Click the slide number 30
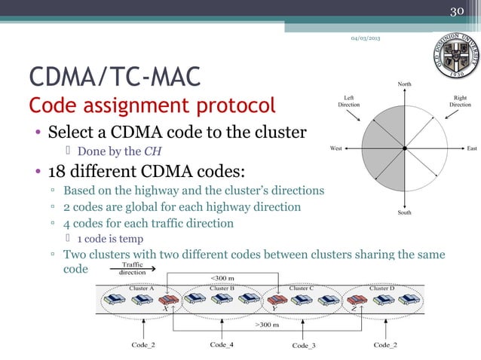coord(456,11)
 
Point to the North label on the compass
coord(405,84)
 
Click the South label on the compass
coord(405,213)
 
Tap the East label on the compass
coord(472,148)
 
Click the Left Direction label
coord(348,101)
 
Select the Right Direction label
coord(460,101)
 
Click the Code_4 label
coord(222,344)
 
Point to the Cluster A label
coord(142,288)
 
